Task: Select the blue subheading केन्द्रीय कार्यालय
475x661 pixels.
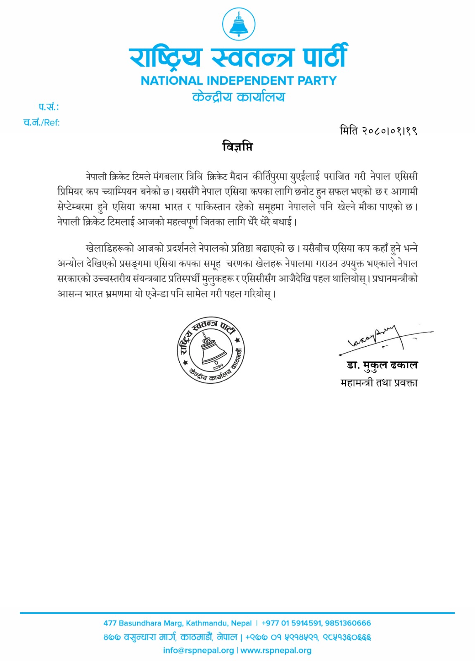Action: click(x=239, y=97)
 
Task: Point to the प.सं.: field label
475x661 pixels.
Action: click(x=49, y=107)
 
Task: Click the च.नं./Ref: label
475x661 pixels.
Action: click(x=42, y=122)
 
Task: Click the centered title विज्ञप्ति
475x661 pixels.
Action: click(x=237, y=147)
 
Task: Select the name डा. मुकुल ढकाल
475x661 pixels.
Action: click(x=382, y=365)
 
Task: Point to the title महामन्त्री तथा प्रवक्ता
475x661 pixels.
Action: click(x=379, y=383)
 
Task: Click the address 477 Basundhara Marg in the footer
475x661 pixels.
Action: click(x=177, y=623)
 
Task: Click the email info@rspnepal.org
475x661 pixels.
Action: click(x=198, y=650)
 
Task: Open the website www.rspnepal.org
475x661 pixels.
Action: click(x=276, y=650)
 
